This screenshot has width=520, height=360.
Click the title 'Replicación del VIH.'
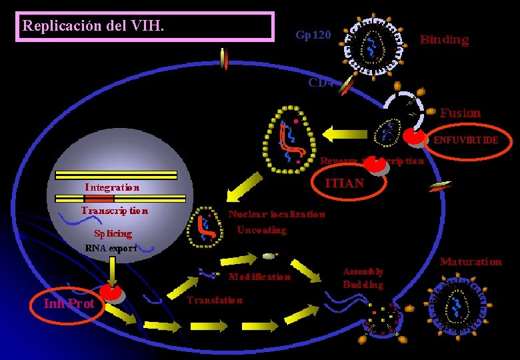click(x=94, y=26)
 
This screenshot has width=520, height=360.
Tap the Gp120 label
click(x=313, y=34)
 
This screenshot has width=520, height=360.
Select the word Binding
click(x=444, y=39)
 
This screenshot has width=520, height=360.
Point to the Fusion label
click(x=459, y=113)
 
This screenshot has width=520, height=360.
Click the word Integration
click(x=112, y=187)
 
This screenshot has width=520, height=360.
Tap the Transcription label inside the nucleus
click(x=114, y=211)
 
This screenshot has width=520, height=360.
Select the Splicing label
click(x=113, y=233)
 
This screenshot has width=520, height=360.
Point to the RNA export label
click(x=111, y=249)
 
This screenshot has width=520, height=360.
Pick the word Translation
click(x=215, y=300)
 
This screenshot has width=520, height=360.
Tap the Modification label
click(x=259, y=276)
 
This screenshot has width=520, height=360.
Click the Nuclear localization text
click(x=277, y=214)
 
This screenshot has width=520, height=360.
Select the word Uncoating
click(x=262, y=230)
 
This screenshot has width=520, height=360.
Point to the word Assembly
click(x=363, y=271)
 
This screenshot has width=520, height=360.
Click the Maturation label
click(x=471, y=261)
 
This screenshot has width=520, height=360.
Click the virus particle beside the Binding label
click(x=375, y=45)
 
